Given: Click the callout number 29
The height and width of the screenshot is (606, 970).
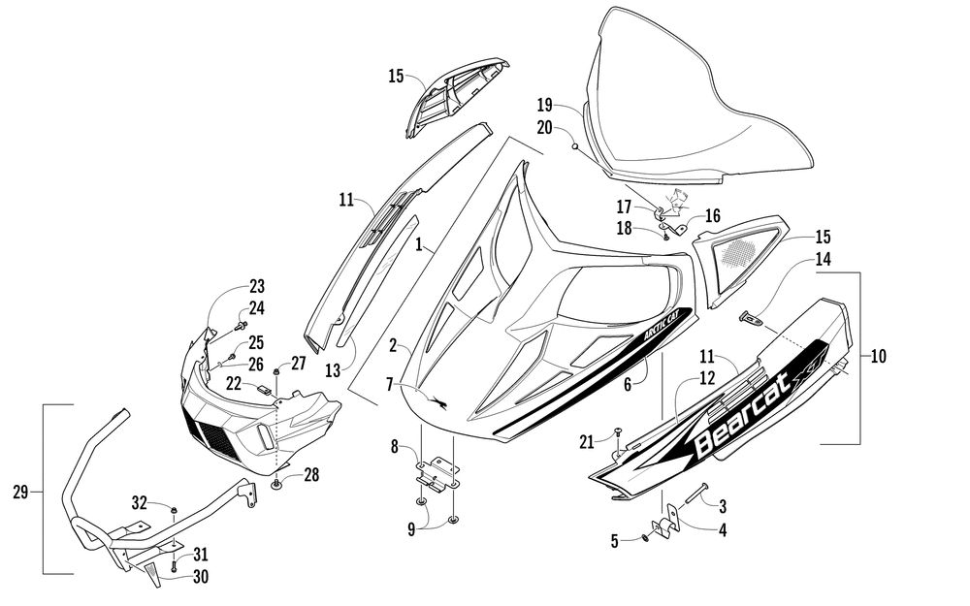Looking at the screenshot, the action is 20,493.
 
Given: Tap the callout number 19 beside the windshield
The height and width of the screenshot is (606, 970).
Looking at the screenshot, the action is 544,104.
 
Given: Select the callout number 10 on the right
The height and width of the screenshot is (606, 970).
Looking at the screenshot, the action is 879,356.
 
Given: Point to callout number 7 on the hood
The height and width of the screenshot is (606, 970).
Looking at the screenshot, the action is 389,385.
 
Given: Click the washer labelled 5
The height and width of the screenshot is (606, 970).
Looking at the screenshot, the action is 646,538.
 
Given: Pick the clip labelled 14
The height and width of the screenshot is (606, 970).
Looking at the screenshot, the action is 751,319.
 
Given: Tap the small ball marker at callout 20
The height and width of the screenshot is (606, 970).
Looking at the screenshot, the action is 574,146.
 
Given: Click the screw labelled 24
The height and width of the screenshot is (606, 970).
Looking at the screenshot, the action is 241,324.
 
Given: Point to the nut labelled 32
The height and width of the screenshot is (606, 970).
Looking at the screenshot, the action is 174,509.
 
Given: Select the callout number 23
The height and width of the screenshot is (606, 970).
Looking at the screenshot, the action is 257,286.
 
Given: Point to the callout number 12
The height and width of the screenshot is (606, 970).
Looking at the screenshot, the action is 707,378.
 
